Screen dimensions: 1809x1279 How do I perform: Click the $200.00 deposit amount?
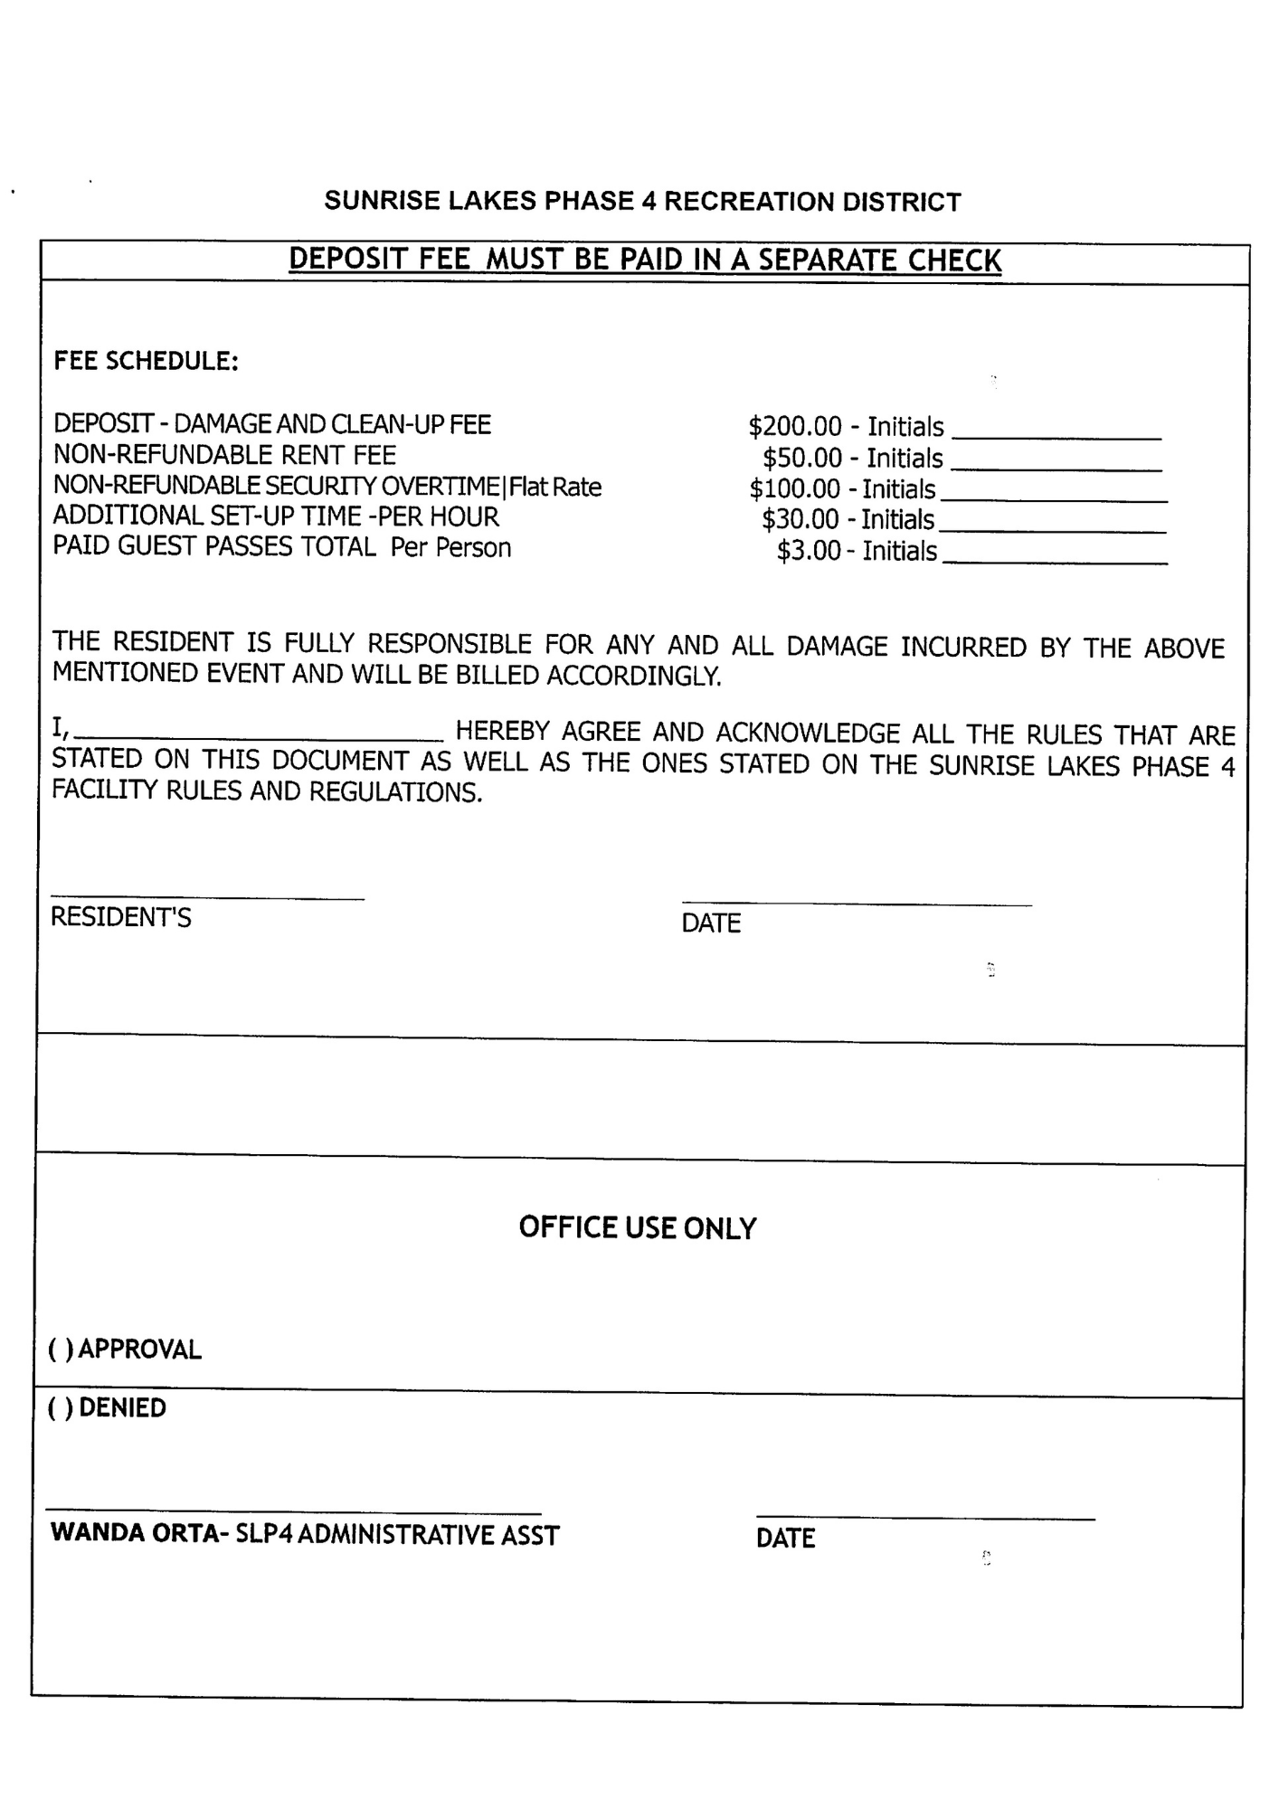[x=794, y=426]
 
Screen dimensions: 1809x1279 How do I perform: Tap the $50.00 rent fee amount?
[x=801, y=458]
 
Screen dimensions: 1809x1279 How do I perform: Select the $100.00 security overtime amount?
[x=794, y=488]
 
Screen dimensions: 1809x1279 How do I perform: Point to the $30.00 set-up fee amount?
[x=800, y=519]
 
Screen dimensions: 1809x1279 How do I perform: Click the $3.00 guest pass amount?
[x=808, y=551]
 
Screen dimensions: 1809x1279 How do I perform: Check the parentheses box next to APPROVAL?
[x=61, y=1350]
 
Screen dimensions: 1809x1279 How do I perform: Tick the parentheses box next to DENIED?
[x=61, y=1408]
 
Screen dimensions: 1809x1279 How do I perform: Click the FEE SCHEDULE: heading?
[x=146, y=361]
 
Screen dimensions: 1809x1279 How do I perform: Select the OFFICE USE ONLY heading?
[x=637, y=1227]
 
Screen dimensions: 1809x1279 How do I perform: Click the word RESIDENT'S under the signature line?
[x=120, y=917]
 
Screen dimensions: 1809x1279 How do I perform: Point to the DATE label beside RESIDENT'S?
[x=711, y=923]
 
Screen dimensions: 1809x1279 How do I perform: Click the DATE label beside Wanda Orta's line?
[x=785, y=1539]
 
